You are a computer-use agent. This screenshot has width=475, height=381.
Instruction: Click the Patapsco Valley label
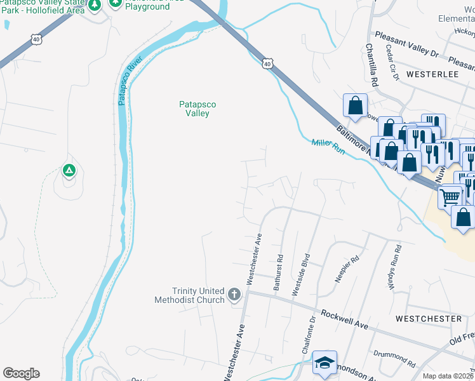click(194, 109)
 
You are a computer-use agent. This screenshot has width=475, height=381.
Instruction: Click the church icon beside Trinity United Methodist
click(234, 295)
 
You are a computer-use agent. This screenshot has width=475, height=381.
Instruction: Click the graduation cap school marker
click(324, 363)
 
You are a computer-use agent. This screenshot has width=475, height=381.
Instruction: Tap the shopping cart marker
click(450, 196)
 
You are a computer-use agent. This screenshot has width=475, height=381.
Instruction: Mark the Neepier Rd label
click(347, 269)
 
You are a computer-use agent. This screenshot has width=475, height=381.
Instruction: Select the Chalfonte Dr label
click(309, 336)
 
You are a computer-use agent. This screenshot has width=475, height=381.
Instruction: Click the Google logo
click(21, 373)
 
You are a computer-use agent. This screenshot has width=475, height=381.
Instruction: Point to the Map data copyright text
click(447, 376)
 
